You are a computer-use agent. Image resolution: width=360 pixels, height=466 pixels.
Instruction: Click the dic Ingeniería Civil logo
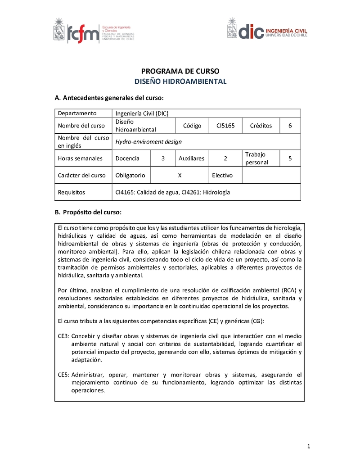(x=267, y=31)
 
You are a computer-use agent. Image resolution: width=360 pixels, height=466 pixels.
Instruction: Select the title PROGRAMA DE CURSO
(x=180, y=71)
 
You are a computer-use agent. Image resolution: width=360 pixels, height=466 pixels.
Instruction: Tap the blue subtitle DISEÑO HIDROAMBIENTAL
(x=180, y=81)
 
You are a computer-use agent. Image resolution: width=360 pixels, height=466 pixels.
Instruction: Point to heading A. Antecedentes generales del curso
(x=109, y=98)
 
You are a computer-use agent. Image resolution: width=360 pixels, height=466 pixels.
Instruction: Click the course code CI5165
(x=225, y=126)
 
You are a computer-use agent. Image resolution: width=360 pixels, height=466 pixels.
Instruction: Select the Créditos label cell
(x=261, y=126)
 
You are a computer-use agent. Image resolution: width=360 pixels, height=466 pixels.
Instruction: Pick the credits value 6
(x=290, y=126)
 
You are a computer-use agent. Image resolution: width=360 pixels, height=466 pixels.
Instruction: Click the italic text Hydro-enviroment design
(x=148, y=141)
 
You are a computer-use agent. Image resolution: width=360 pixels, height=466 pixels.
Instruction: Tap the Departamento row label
(x=77, y=113)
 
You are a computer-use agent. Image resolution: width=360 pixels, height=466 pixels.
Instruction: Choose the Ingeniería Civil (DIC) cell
(x=142, y=113)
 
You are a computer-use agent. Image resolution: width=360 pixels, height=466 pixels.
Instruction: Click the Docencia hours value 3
(x=163, y=158)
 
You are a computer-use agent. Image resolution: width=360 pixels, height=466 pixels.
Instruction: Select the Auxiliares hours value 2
(x=225, y=158)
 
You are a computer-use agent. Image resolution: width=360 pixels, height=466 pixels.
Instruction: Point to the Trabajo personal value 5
(x=290, y=158)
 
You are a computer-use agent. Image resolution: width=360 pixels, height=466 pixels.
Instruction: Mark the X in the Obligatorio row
(x=180, y=175)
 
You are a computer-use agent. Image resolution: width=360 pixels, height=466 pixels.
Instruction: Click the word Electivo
(x=222, y=175)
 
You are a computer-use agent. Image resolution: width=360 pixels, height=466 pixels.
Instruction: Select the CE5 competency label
(x=63, y=375)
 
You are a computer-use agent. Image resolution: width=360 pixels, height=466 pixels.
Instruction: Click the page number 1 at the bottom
(x=309, y=446)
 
